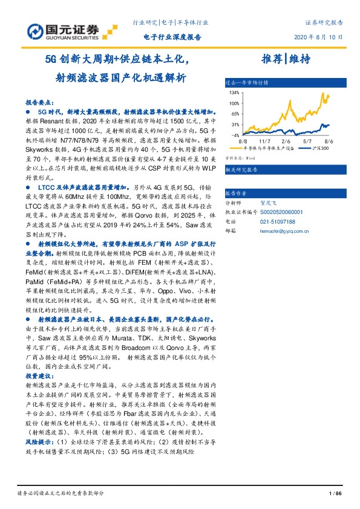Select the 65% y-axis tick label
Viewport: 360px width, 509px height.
coord(235,114)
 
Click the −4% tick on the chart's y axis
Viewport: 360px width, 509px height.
coord(235,134)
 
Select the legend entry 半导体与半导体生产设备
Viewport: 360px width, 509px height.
coord(268,148)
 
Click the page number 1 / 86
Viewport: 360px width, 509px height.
coord(335,494)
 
